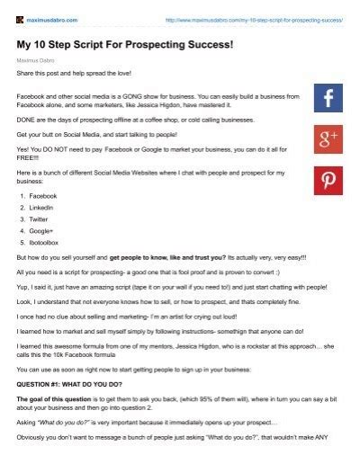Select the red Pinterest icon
(328, 180)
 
